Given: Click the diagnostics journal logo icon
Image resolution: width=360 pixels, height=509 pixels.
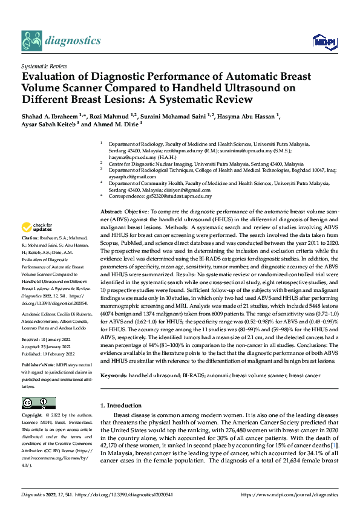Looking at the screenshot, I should (x=31, y=41).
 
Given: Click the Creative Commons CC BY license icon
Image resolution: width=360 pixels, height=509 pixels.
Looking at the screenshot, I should (x=38, y=403).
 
